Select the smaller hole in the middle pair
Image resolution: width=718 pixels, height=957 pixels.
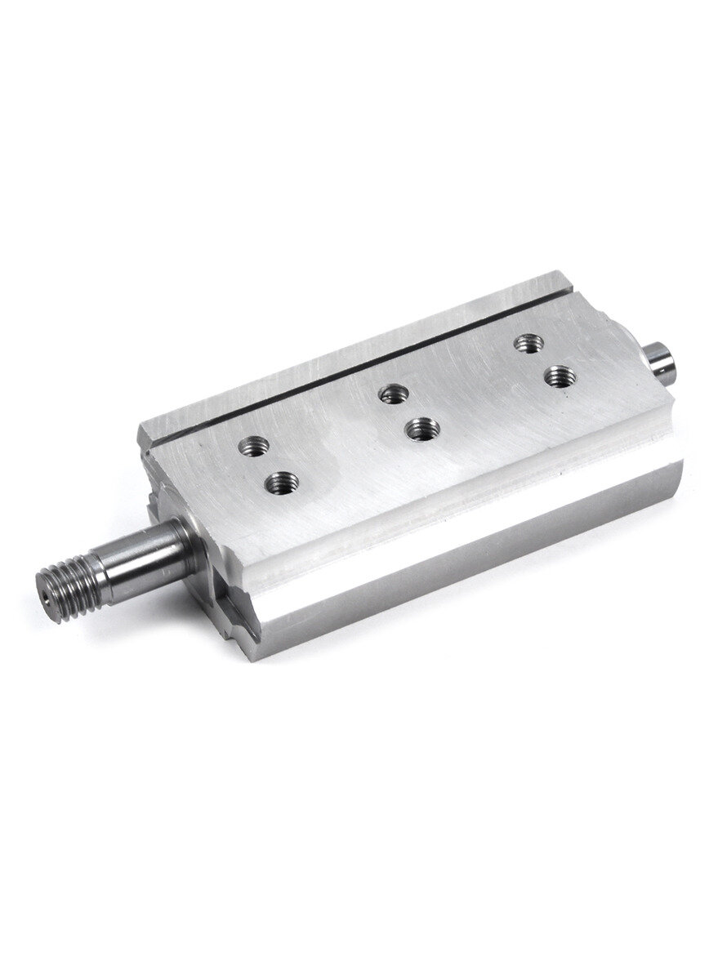tap(393, 395)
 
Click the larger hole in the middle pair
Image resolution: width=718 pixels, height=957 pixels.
tap(422, 427)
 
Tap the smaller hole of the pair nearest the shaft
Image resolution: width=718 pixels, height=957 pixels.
tap(252, 447)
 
